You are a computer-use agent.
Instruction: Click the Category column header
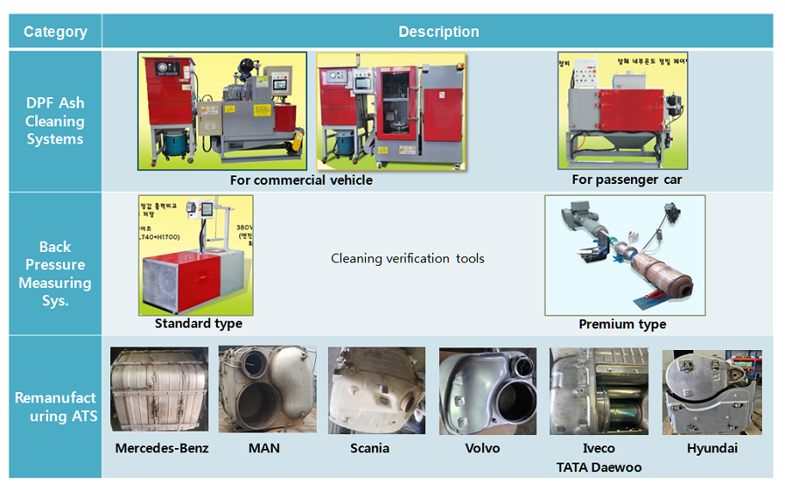coord(55,32)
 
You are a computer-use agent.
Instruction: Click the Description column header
coord(438,32)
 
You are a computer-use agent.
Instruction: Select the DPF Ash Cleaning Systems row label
coord(55,121)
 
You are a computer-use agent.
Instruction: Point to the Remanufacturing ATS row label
coord(55,407)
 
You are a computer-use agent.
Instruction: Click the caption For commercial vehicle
coord(301,181)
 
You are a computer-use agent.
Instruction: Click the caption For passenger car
coord(627,180)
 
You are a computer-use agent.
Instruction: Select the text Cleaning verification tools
coord(407,258)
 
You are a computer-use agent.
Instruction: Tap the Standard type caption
coord(198,324)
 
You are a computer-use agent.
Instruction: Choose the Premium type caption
coord(622,325)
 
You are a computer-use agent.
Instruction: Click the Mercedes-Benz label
coord(162,448)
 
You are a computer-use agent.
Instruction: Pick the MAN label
coord(264,448)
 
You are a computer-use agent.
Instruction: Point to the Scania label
coord(370,448)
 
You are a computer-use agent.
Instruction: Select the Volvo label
coord(482,448)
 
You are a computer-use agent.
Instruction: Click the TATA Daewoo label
coord(598,468)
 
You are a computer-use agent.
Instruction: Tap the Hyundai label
coord(712,448)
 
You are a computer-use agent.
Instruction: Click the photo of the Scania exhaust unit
coord(376,390)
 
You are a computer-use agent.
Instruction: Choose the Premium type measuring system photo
coord(624,255)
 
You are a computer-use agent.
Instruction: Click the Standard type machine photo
coord(196,255)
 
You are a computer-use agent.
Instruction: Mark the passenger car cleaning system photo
coord(621,111)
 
